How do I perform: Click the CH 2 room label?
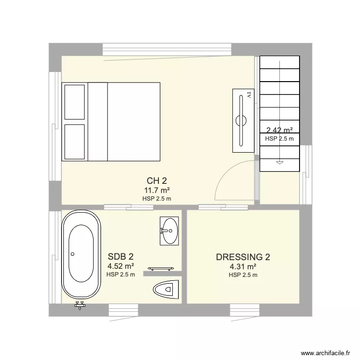(157, 181)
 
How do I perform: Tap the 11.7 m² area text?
(157, 191)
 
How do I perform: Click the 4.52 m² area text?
(120, 266)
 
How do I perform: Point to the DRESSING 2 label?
(243, 257)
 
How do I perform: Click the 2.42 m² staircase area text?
(279, 130)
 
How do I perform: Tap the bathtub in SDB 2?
(81, 253)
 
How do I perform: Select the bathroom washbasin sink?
(168, 230)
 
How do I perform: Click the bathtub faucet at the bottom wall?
(80, 305)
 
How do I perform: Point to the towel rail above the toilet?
(159, 269)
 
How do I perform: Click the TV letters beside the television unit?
(249, 95)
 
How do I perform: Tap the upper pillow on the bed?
(74, 101)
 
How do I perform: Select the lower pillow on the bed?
(74, 142)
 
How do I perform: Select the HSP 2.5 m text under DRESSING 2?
(243, 275)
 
